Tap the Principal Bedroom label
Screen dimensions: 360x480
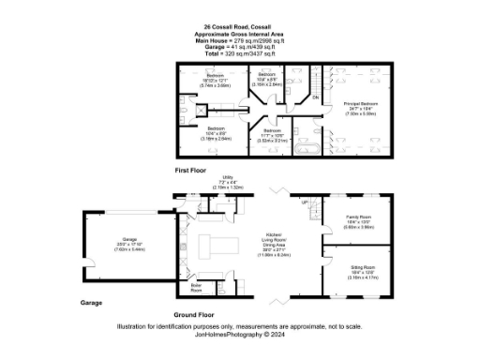359,104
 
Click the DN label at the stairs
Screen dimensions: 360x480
315,97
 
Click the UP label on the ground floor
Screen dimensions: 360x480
306,202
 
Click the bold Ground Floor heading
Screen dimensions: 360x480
194,314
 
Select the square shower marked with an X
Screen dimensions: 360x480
199,109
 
